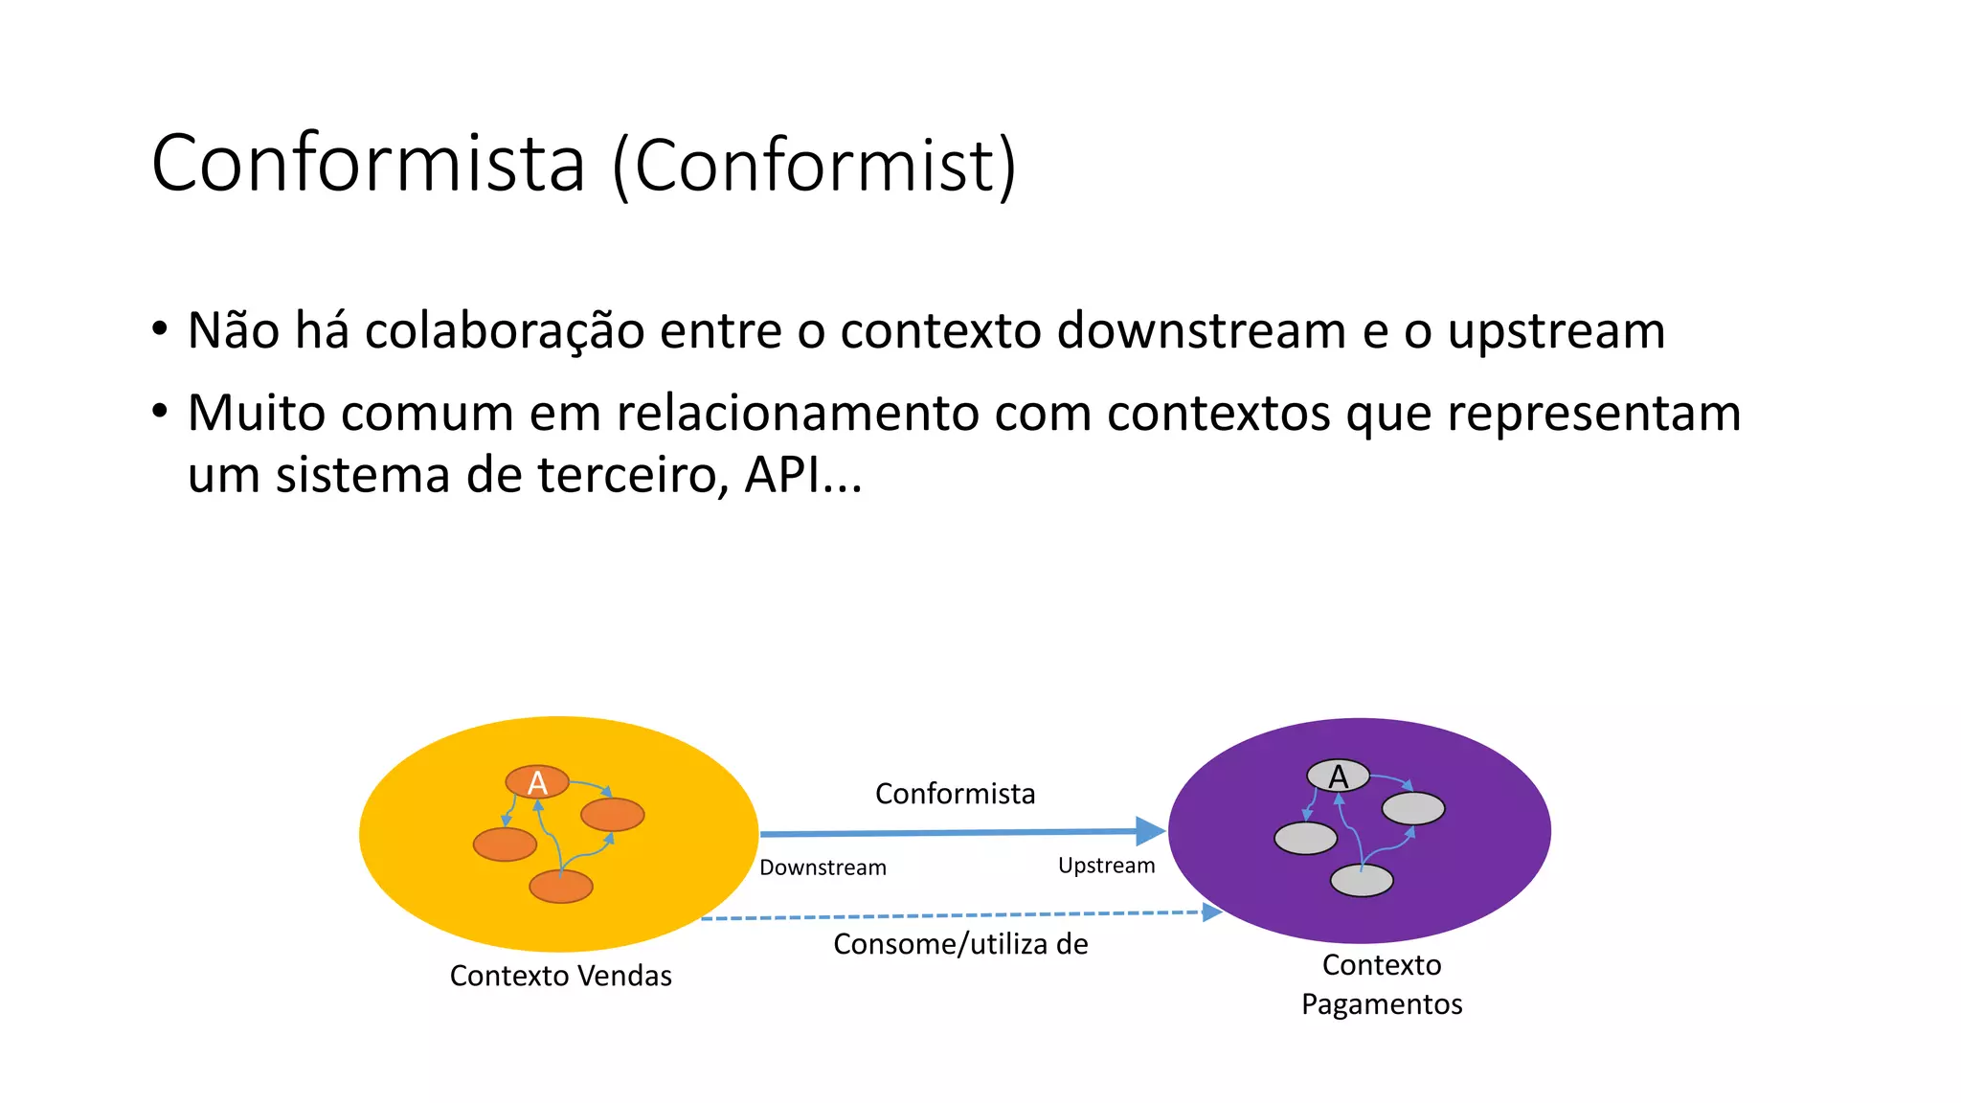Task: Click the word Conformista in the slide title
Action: [368, 164]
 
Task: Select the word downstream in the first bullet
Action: [1202, 331]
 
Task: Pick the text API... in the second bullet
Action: [803, 475]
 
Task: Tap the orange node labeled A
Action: [537, 782]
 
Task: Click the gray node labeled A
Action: [1338, 776]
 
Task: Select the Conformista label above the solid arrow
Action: [955, 794]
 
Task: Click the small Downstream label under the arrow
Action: [823, 867]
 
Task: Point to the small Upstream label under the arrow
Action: [1106, 866]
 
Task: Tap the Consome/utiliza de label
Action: [960, 944]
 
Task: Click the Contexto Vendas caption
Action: [561, 976]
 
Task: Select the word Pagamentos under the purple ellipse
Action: [1382, 1004]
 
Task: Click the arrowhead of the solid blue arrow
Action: [1150, 831]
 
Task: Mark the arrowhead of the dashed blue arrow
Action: [1212, 912]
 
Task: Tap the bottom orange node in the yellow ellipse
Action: [561, 887]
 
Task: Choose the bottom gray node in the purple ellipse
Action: [1362, 880]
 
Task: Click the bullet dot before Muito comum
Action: [160, 412]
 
